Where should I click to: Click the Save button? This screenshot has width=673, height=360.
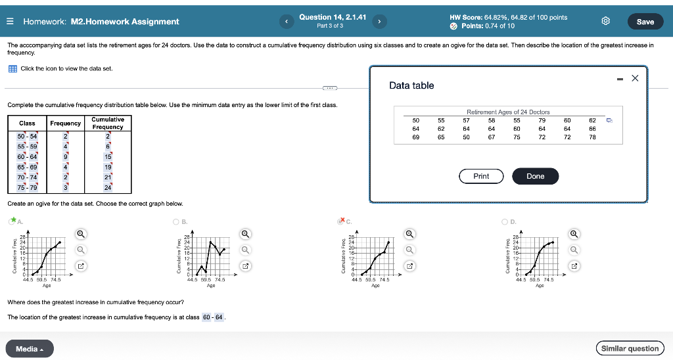point(645,22)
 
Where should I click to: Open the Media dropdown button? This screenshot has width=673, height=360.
point(30,349)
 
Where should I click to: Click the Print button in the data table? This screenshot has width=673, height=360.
point(481,176)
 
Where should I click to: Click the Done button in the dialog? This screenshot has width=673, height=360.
point(535,176)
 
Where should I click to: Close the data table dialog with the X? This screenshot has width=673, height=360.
point(635,78)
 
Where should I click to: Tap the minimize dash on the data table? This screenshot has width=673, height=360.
point(620,79)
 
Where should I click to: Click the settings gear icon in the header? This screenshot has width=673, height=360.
point(606,22)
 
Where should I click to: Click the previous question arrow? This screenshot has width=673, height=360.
point(287,22)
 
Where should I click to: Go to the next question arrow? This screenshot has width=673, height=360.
point(380,22)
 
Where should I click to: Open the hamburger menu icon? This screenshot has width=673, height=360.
point(11,22)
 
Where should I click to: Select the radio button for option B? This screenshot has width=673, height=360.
point(176,221)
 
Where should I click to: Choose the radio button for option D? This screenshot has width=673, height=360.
point(505,221)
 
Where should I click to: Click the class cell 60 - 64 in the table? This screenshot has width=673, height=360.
point(27,157)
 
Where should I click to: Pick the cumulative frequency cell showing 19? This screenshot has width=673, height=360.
point(108,167)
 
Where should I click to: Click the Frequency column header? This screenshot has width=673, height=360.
point(65,123)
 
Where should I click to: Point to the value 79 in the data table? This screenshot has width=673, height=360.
point(542,121)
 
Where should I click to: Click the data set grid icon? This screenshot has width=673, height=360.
point(12,69)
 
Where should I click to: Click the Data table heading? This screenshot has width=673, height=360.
point(411,85)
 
